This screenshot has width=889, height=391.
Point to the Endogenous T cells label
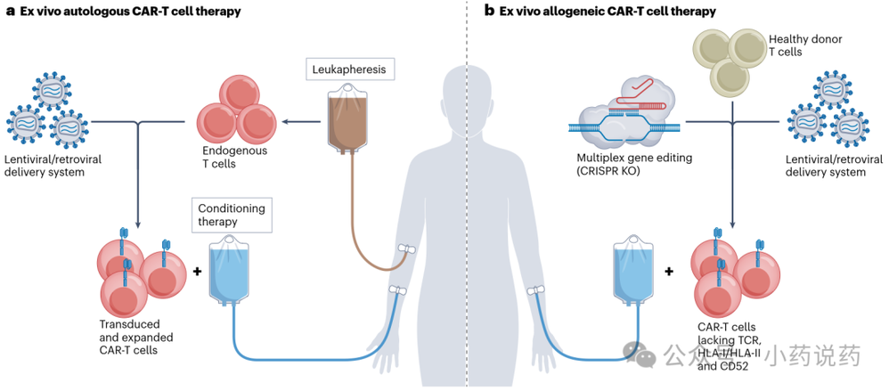(x=234, y=157)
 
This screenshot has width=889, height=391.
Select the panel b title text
(x=600, y=11)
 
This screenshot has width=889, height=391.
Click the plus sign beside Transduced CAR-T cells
(x=197, y=272)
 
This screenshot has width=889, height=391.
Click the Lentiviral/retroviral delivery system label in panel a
(x=53, y=165)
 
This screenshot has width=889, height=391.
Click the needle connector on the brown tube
(x=405, y=250)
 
